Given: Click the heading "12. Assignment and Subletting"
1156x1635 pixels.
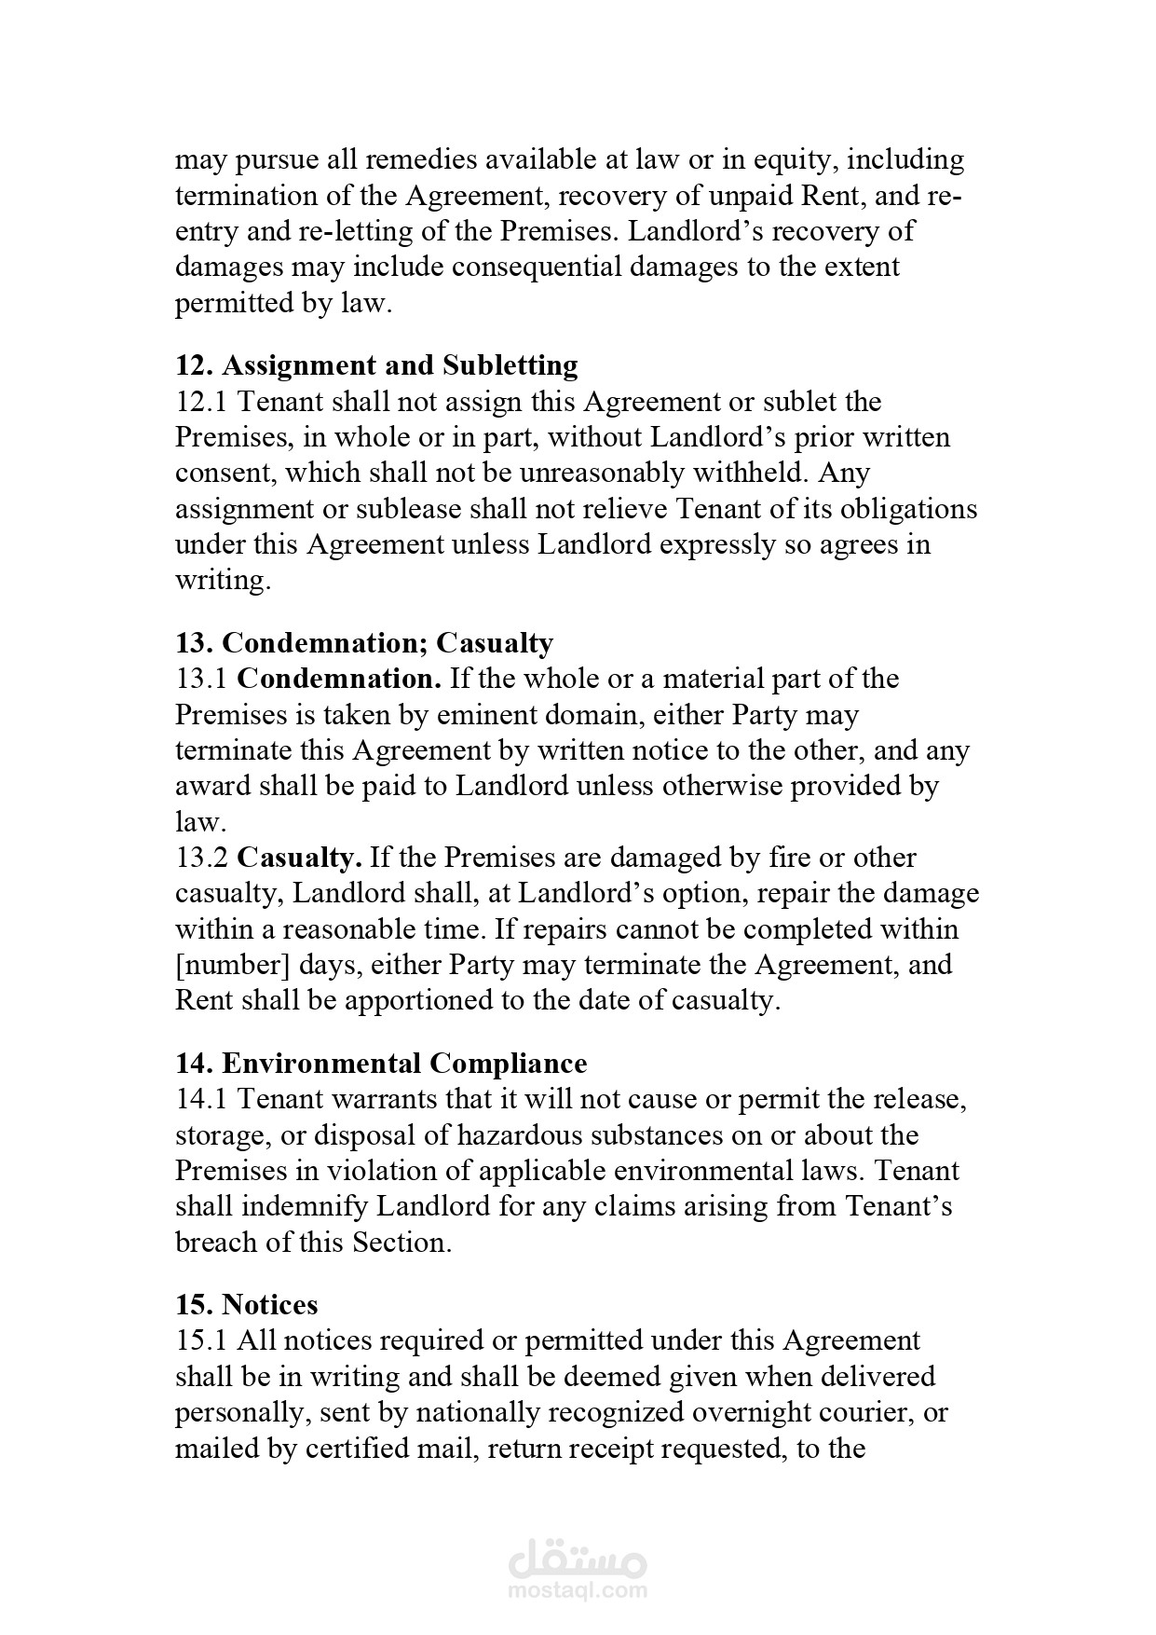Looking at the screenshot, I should click(376, 365).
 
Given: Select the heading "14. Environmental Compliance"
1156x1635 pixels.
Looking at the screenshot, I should click(381, 1064).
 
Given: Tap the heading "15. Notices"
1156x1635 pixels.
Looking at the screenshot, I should click(246, 1304).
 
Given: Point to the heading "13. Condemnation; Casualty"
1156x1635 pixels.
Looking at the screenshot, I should click(364, 643).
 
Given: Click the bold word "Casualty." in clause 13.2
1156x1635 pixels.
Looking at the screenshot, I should click(299, 858).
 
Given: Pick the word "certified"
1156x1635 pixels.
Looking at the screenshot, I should click(364, 1450).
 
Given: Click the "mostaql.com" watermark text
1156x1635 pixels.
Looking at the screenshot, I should click(578, 1591).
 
